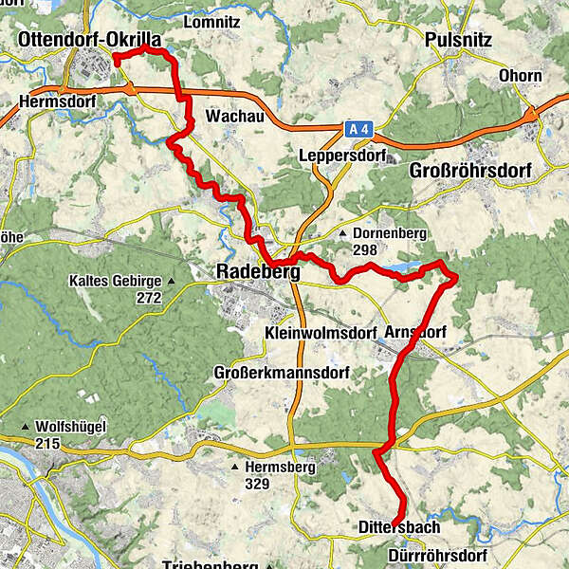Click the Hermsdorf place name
click(52, 99)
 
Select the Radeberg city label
click(258, 272)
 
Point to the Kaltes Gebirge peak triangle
click(172, 281)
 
